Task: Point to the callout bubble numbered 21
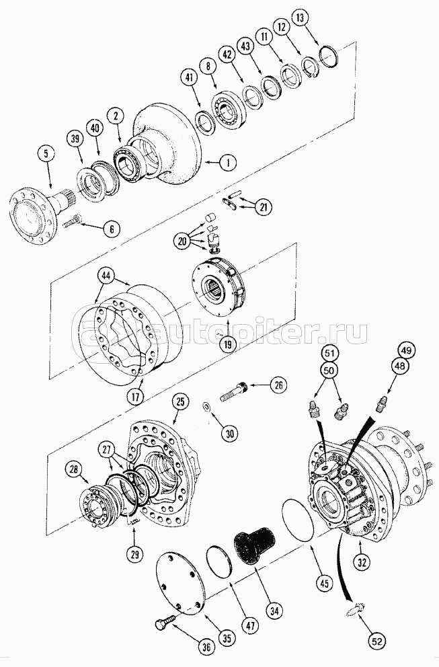264,207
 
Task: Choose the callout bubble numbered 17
136,396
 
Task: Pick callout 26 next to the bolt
278,385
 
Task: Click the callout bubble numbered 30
230,434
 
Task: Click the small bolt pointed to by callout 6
72,221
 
